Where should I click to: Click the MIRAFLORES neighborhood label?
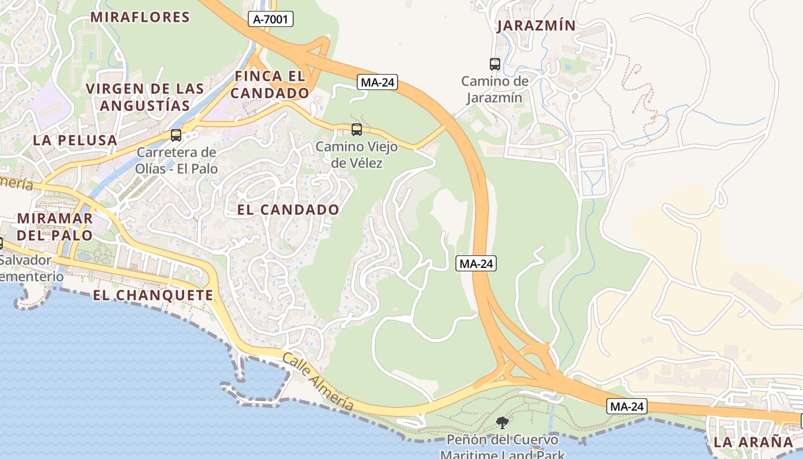coord(140,17)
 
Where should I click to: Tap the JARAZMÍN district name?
coord(536,26)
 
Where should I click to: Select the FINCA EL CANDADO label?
coord(270,84)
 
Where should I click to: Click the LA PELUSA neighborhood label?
coord(75,140)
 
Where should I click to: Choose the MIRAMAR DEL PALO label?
coord(54,227)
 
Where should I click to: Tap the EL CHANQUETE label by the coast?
coord(153,295)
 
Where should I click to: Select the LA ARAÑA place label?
coord(753,442)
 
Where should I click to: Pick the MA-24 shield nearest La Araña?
coord(627,407)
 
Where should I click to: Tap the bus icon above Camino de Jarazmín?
coord(495,64)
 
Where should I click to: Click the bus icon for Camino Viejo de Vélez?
coord(357,130)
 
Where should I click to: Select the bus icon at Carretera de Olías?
coord(176,135)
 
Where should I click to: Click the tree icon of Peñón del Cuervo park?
coord(502,423)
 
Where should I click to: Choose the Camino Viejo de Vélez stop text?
coord(356,155)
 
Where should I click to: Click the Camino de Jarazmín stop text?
coord(494,89)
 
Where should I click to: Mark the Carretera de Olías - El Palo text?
coord(176,161)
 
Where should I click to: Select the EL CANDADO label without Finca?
coord(288,210)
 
